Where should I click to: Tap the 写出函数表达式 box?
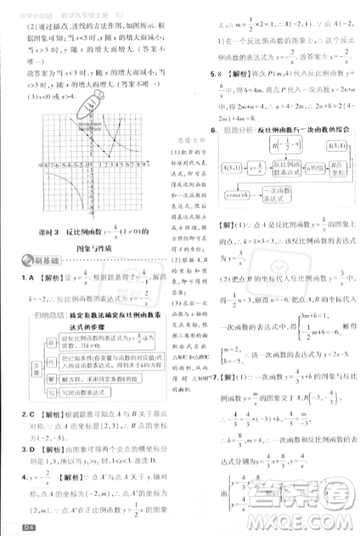(92, 392)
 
